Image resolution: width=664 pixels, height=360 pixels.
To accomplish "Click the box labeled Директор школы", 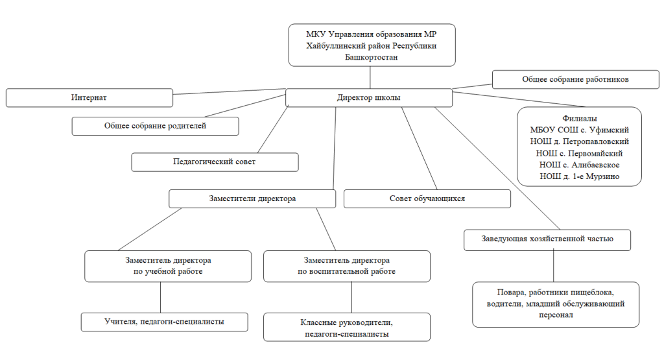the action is pyautogui.click(x=369, y=97).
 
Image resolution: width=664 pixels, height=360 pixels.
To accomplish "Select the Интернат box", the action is pyautogui.click(x=89, y=97).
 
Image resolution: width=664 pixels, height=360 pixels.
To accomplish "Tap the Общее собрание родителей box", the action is pyautogui.click(x=156, y=126).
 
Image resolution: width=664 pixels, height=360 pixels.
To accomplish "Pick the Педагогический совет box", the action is pyautogui.click(x=215, y=162).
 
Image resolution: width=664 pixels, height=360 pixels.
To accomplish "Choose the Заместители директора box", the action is pyautogui.click(x=252, y=198).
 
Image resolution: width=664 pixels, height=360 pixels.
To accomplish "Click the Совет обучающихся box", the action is pyautogui.click(x=427, y=198).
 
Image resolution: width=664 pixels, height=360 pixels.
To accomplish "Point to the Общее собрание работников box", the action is pyautogui.click(x=576, y=79).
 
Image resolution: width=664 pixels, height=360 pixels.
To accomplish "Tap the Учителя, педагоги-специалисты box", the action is pyautogui.click(x=164, y=322).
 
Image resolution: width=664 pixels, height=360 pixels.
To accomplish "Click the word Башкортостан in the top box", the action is pyautogui.click(x=372, y=57).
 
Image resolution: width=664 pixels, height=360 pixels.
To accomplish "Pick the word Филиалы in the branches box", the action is pyautogui.click(x=580, y=119).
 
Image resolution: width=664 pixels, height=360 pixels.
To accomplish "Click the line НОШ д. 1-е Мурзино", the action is pyautogui.click(x=580, y=176).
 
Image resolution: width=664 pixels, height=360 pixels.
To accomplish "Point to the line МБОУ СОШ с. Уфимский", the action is pyautogui.click(x=580, y=130).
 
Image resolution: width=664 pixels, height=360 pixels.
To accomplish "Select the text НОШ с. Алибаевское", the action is pyautogui.click(x=580, y=165).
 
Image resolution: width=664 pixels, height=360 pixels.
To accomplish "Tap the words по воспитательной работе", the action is pyautogui.click(x=346, y=272).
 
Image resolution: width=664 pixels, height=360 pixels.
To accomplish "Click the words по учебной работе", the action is pyautogui.click(x=168, y=272).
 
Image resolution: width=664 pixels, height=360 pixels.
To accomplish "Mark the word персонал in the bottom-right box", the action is pyautogui.click(x=556, y=315).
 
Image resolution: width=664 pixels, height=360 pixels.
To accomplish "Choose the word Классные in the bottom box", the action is pyautogui.click(x=318, y=323).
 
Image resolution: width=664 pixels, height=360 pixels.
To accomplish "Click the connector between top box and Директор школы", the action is pyautogui.click(x=370, y=77).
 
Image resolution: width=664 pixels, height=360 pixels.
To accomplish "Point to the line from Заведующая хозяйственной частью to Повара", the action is pyautogui.click(x=554, y=267).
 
